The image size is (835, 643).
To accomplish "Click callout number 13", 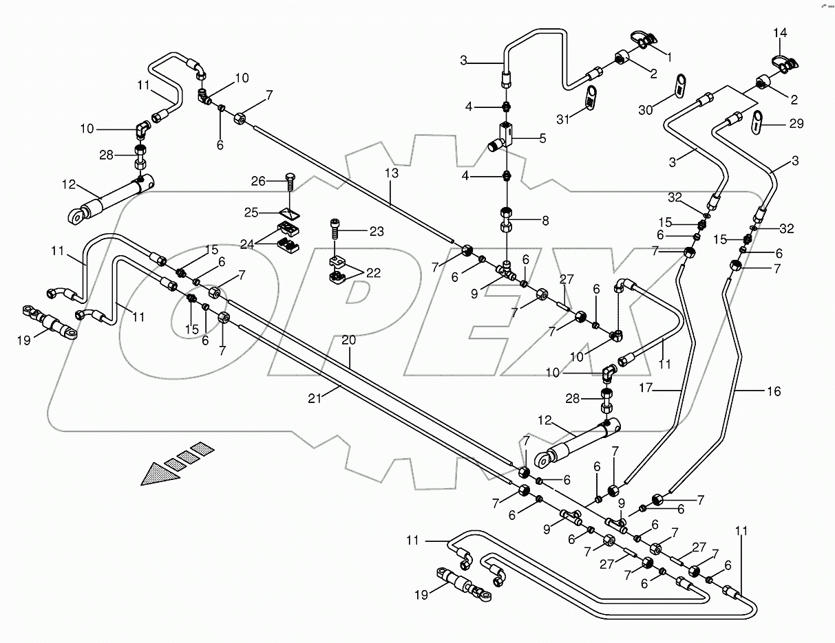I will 392,173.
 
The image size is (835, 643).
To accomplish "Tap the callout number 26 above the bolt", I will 258,182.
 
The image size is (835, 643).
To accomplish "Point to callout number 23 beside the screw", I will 377,232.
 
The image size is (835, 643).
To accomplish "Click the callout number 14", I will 779,33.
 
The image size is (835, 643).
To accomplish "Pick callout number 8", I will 545,221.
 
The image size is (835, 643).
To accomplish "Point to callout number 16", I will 774,391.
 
